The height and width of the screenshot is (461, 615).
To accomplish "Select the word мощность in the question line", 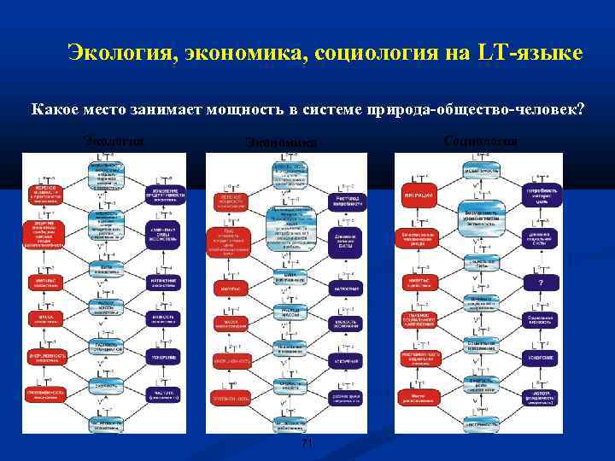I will point(268,109).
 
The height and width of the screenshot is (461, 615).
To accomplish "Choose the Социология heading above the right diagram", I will point(481,141).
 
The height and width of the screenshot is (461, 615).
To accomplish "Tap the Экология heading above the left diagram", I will point(113,141).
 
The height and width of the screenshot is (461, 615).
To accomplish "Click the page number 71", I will point(308,444).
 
